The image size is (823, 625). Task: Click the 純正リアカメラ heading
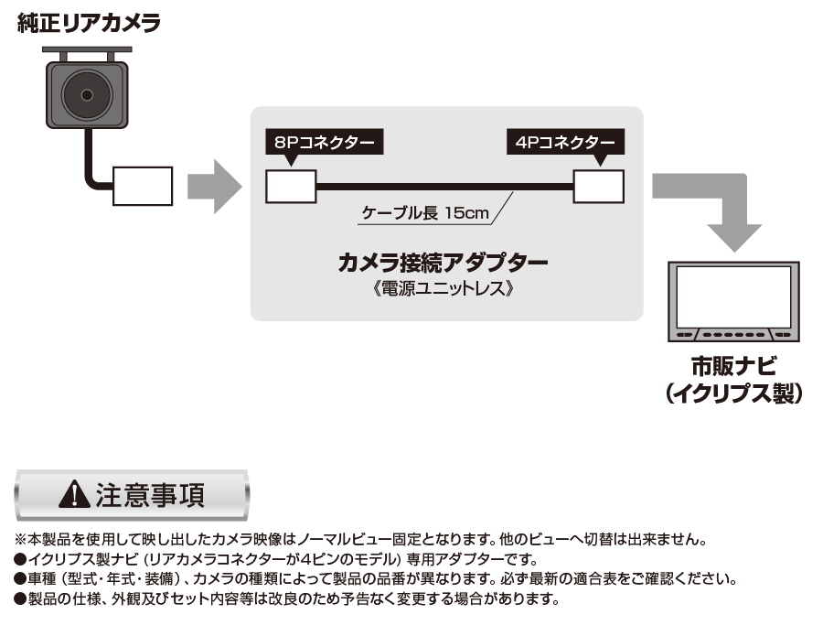89,23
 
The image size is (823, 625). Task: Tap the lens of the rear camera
87,95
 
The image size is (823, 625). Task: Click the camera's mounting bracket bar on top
87,50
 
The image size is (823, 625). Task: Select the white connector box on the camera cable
143,186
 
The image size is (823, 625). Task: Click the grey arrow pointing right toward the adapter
214,187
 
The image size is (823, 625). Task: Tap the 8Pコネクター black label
325,142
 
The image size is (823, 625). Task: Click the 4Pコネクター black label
565,142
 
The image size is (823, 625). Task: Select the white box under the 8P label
291,187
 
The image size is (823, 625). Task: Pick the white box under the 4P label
598,187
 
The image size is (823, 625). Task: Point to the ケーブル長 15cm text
425,212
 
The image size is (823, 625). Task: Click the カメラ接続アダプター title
443,262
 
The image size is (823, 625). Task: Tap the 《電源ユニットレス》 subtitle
443,288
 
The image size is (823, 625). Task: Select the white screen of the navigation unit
733,296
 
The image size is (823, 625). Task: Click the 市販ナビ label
733,367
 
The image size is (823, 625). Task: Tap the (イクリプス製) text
733,393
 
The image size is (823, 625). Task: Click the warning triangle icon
75,494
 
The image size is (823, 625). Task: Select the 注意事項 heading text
150,495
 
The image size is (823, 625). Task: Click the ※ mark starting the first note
20,539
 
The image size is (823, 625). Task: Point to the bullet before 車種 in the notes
20,578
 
